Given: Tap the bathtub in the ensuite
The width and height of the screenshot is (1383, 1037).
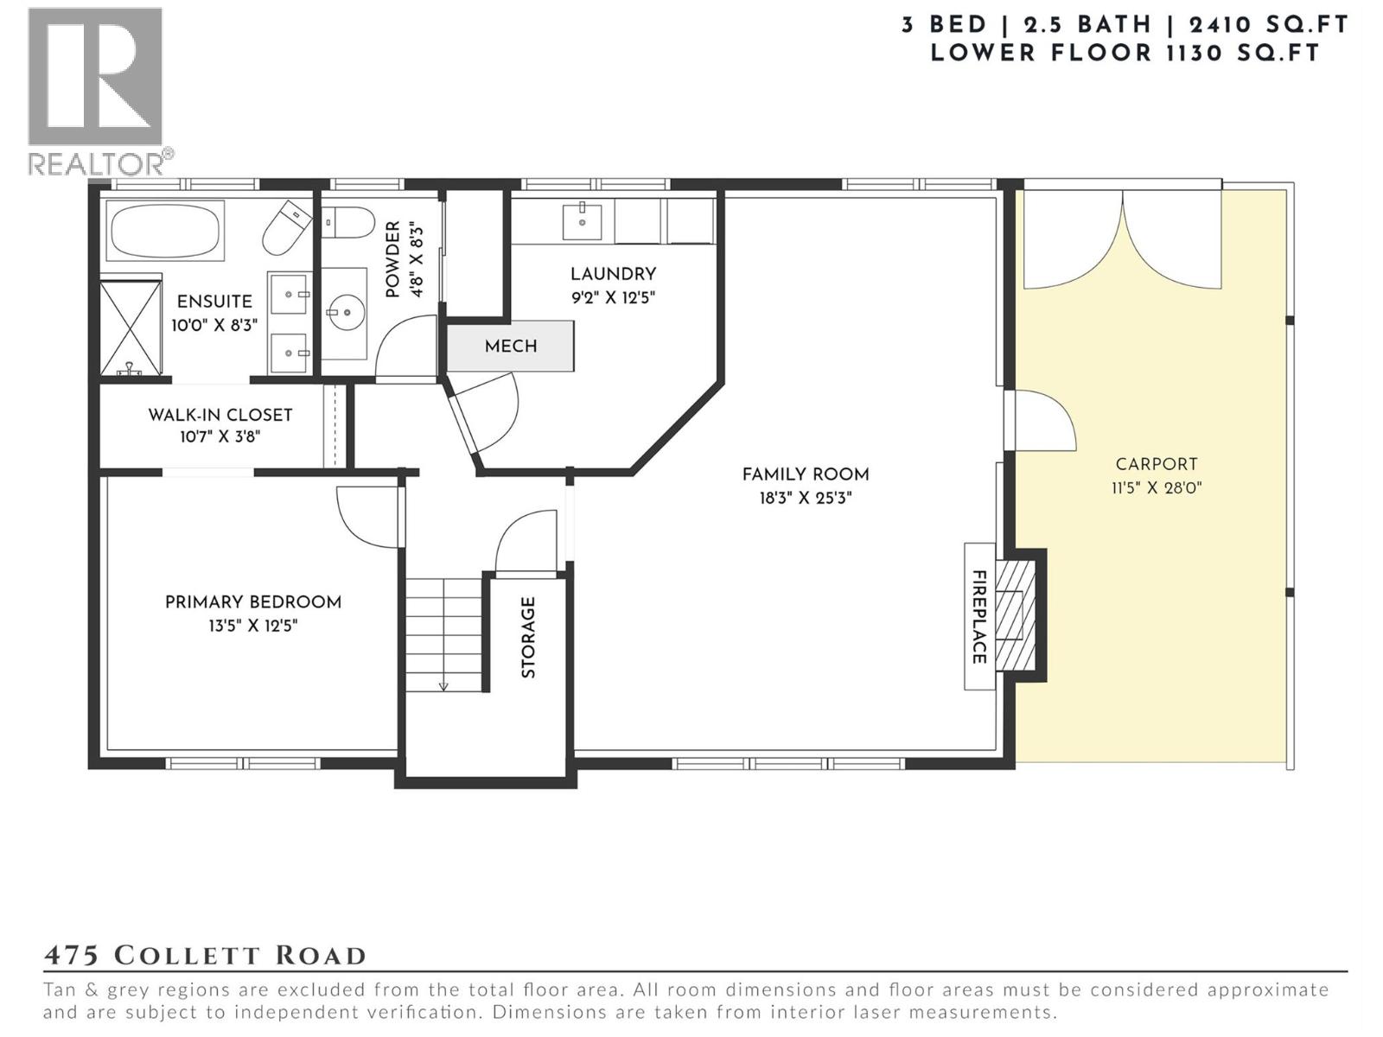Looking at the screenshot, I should point(165,230).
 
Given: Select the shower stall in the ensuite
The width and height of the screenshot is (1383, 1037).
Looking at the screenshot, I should point(131,328).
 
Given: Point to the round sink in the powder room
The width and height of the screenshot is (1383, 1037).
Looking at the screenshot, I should point(346,312).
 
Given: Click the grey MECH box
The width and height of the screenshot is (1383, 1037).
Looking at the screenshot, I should point(510,347).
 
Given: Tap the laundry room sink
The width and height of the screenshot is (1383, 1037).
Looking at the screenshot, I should point(582,221).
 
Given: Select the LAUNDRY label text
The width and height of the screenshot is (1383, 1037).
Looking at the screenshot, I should point(613,274).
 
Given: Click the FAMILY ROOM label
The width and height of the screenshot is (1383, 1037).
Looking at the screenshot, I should point(805,474).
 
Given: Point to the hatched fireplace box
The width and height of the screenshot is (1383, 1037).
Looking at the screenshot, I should point(1017,614).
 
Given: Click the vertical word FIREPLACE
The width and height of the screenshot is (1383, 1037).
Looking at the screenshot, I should point(979,616).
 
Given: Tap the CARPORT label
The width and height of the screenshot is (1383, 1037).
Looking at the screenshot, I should point(1156,464).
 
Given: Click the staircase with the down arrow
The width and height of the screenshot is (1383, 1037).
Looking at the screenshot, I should point(443,634).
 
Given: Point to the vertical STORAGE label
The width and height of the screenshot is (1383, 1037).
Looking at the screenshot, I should point(528,637).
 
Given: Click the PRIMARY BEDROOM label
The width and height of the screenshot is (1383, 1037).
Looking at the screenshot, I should point(252,602).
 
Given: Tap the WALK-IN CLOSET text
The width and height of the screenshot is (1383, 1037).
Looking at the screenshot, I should point(220,415).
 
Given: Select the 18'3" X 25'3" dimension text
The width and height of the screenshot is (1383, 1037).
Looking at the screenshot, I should point(805,499).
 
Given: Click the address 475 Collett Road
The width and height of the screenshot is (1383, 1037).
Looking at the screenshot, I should point(206,956).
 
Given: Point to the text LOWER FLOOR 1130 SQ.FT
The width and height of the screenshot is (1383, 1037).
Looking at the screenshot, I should point(1125,53).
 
